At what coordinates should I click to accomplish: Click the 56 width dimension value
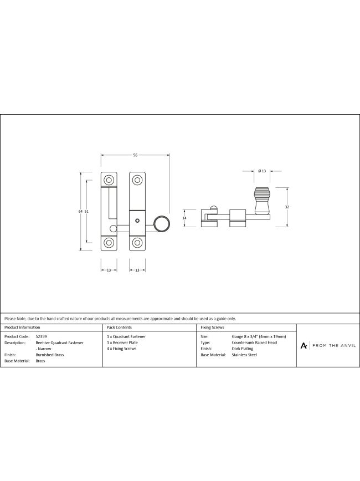(x=135, y=155)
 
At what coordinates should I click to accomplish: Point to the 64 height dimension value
(x=80, y=211)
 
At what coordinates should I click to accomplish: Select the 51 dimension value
(x=86, y=211)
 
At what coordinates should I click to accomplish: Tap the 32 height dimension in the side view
(x=287, y=207)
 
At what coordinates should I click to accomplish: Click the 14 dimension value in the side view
(x=184, y=218)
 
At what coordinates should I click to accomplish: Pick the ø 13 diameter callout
(x=262, y=171)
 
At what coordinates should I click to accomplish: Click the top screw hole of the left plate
(x=109, y=180)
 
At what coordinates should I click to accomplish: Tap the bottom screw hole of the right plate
(x=137, y=243)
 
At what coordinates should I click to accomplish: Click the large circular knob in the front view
(x=162, y=224)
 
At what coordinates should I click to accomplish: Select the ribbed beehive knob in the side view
(x=262, y=201)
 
